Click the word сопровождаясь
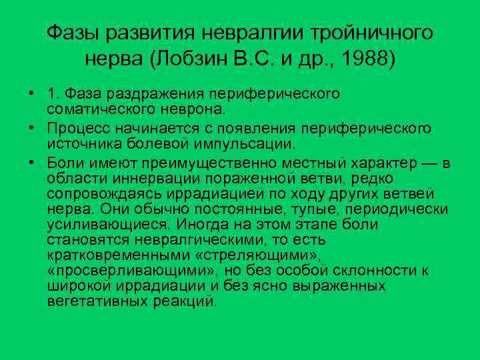[93, 193]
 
